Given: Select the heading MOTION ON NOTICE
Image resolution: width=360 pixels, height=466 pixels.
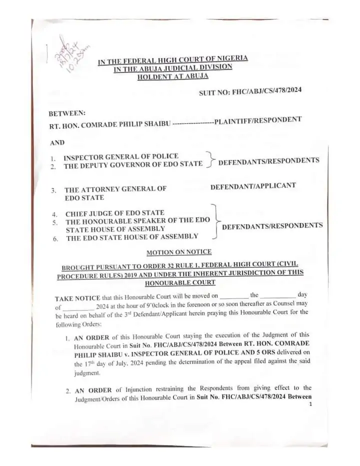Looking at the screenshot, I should point(179,252).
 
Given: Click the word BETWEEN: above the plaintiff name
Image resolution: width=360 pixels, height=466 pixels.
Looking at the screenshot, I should point(67,113).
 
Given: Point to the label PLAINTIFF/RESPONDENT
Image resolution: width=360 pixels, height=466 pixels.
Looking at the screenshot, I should point(257,120).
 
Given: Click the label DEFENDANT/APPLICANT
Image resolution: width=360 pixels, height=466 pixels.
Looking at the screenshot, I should point(253,186).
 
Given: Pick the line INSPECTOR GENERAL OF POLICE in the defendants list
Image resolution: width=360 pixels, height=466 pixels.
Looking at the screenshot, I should point(121,157).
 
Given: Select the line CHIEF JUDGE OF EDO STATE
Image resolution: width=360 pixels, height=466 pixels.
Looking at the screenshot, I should point(115,213).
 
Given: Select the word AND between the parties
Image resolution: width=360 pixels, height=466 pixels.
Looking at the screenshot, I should point(57,142).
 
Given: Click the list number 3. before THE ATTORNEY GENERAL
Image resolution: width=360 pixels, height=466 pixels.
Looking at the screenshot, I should point(53,190).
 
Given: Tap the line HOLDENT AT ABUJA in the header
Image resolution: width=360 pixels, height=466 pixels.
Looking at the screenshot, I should point(172,76).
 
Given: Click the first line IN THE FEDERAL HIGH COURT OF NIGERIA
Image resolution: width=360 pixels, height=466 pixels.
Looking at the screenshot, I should point(172,60).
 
